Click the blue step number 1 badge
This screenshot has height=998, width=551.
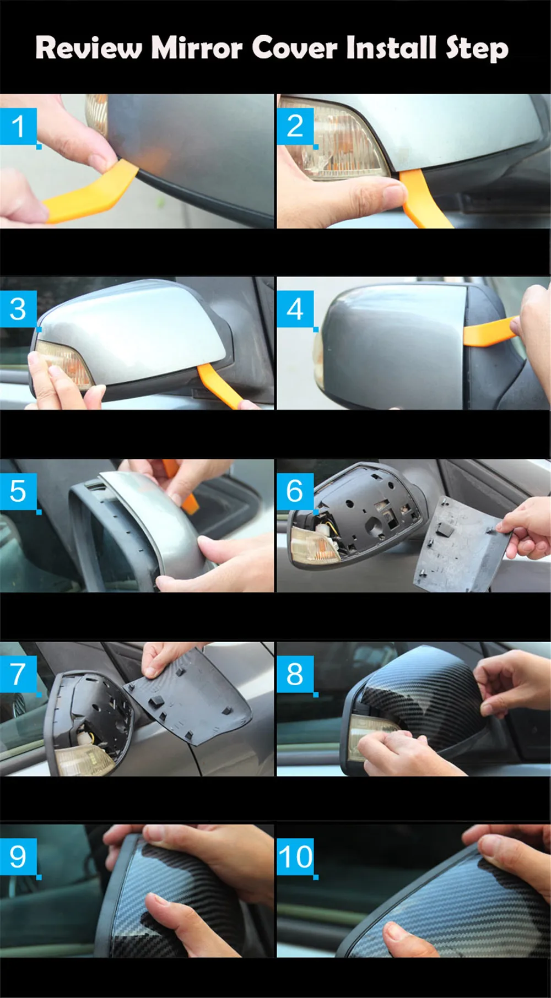point(18,127)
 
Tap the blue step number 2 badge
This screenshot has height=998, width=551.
point(295,127)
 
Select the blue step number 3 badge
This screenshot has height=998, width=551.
point(18,309)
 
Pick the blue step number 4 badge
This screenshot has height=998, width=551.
point(295,309)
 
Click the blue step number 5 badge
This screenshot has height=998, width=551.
point(18,491)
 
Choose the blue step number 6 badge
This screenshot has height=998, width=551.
point(295,491)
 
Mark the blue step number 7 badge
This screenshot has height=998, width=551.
point(18,674)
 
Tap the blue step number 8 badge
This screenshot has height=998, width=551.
point(295,674)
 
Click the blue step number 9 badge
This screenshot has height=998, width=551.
point(18,856)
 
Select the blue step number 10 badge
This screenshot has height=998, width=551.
point(295,856)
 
